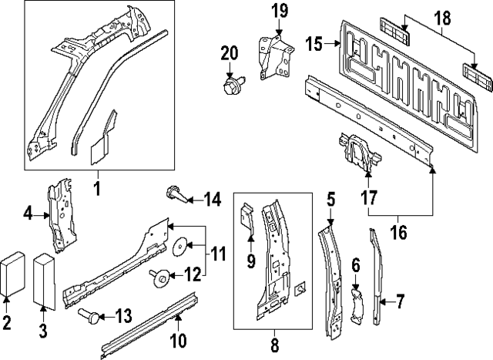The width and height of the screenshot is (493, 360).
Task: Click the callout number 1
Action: pyautogui.click(x=98, y=187)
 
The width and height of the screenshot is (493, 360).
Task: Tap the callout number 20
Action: pyautogui.click(x=230, y=52)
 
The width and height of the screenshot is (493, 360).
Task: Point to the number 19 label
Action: pyautogui.click(x=280, y=11)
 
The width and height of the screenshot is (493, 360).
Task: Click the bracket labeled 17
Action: pyautogui.click(x=356, y=151)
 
